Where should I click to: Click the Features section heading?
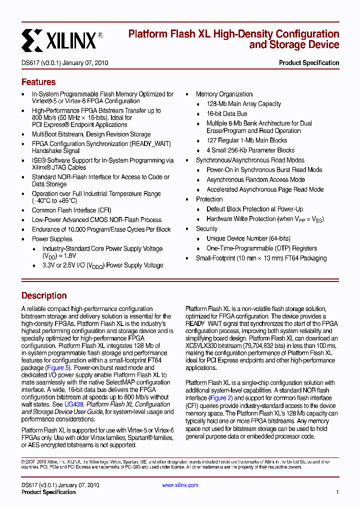click(x=38, y=82)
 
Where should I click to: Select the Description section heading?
click(x=44, y=295)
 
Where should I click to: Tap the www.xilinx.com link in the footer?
click(x=180, y=485)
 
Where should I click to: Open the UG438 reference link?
click(x=74, y=404)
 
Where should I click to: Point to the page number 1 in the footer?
click(x=337, y=492)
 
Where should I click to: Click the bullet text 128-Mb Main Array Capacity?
click(x=243, y=104)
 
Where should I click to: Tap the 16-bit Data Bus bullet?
click(x=226, y=114)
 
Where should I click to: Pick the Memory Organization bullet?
click(x=224, y=94)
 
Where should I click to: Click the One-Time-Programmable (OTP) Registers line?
click(x=261, y=248)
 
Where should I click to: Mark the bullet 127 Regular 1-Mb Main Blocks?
click(x=246, y=140)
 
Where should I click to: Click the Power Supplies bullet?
click(x=52, y=239)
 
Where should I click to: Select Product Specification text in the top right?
click(x=309, y=63)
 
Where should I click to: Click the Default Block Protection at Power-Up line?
click(x=254, y=209)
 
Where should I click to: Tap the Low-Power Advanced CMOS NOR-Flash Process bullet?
click(x=96, y=220)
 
